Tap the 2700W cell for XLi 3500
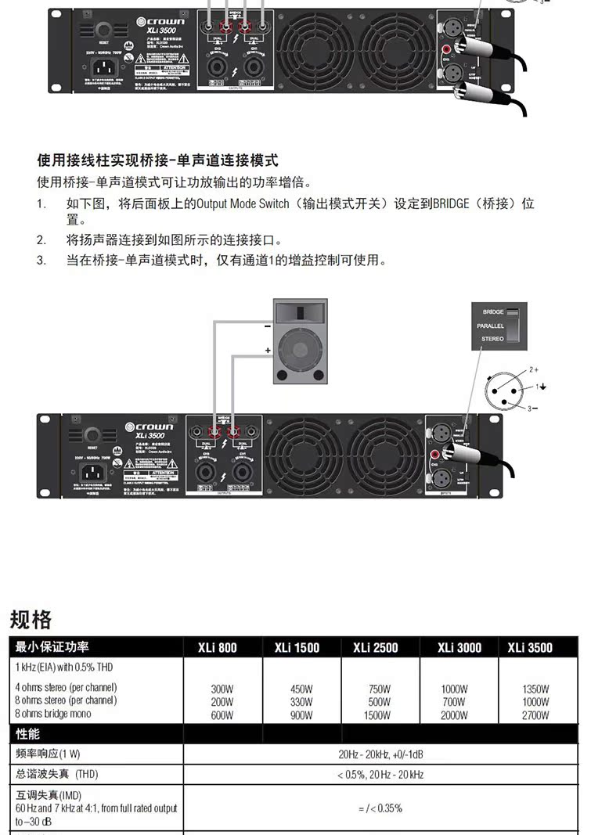535,715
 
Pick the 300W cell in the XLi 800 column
222,689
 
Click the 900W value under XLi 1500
301,715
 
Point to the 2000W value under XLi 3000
454,715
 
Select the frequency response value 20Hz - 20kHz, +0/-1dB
380,754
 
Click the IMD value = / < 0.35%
380,808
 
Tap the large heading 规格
31,620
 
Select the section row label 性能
27,734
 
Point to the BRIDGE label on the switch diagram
493,312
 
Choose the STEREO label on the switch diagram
492,339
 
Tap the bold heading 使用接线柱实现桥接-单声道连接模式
157,161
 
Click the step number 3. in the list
41,260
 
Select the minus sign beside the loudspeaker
267,325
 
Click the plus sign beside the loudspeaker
267,351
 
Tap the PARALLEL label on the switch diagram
491,326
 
